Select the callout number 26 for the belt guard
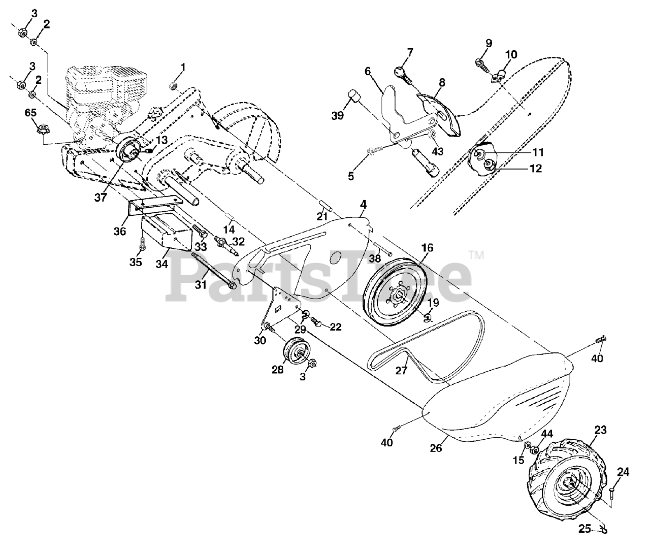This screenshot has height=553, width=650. [x=436, y=448]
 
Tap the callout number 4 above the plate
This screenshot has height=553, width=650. [x=363, y=205]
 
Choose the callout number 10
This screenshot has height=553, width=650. [x=511, y=54]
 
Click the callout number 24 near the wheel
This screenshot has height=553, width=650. [x=623, y=473]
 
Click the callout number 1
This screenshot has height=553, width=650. [x=183, y=67]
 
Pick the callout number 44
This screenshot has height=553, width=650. [x=546, y=434]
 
